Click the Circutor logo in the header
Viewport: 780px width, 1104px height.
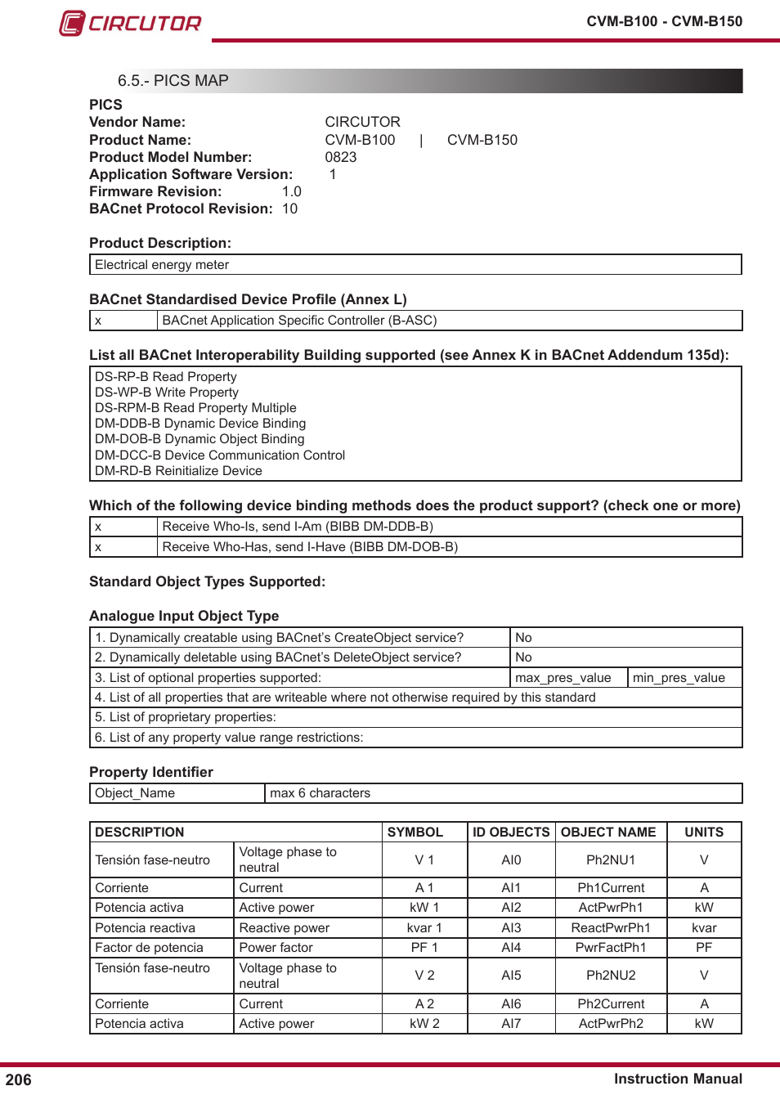130,23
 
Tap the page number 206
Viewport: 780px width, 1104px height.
19,1079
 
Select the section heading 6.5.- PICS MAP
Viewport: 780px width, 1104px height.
173,81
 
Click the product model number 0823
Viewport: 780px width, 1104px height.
341,157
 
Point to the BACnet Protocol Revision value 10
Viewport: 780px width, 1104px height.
289,209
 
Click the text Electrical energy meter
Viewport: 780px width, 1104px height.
162,265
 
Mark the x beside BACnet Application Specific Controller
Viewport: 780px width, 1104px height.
98,321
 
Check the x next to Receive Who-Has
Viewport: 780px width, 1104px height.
98,547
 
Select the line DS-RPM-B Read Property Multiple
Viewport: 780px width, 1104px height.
195,408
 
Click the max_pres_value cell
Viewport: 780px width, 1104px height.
563,678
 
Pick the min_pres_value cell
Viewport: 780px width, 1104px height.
679,678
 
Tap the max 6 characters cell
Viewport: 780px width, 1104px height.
320,793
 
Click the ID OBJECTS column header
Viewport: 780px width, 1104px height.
511,832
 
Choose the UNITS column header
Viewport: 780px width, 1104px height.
704,832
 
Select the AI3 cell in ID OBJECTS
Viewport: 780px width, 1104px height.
511,928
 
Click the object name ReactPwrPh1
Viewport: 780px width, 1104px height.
611,928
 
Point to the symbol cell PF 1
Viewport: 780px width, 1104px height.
424,948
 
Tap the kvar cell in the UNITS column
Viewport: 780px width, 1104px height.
704,928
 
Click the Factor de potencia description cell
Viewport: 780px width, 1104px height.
149,948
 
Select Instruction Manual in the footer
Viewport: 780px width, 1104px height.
678,1079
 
